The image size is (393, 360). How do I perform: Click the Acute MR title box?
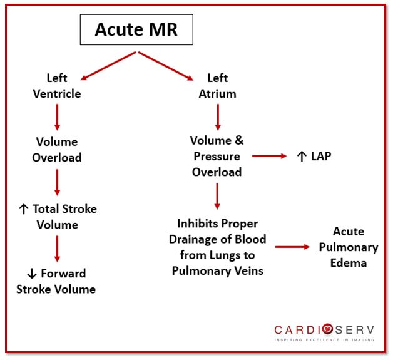pyautogui.click(x=136, y=29)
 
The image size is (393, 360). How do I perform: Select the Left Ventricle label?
pyautogui.click(x=57, y=86)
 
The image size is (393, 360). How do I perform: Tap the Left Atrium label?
pyautogui.click(x=218, y=86)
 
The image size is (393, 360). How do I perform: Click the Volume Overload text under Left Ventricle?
pyautogui.click(x=57, y=150)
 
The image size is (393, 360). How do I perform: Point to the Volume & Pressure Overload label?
pyautogui.click(x=217, y=156)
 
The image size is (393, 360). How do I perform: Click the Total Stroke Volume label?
pyautogui.click(x=58, y=217)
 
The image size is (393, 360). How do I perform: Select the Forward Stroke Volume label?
pyautogui.click(x=56, y=281)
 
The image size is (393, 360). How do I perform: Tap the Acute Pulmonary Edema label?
pyautogui.click(x=349, y=247)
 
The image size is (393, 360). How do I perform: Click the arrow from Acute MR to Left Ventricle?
pyautogui.click(x=108, y=66)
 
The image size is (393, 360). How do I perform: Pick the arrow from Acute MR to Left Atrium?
pyautogui.click(x=166, y=66)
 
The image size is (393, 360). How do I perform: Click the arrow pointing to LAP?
pyautogui.click(x=269, y=156)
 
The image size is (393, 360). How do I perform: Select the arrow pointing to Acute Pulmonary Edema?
pyautogui.click(x=292, y=247)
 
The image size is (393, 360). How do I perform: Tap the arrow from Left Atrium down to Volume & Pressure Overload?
pyautogui.click(x=218, y=117)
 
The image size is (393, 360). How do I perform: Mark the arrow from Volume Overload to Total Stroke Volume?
pyautogui.click(x=57, y=182)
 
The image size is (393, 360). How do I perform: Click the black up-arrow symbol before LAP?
pyautogui.click(x=302, y=157)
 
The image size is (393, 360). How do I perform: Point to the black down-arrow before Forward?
pyautogui.click(x=32, y=274)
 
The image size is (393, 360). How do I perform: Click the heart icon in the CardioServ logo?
pyautogui.click(x=327, y=329)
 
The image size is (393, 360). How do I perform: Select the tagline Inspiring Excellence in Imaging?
pyautogui.click(x=324, y=340)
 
